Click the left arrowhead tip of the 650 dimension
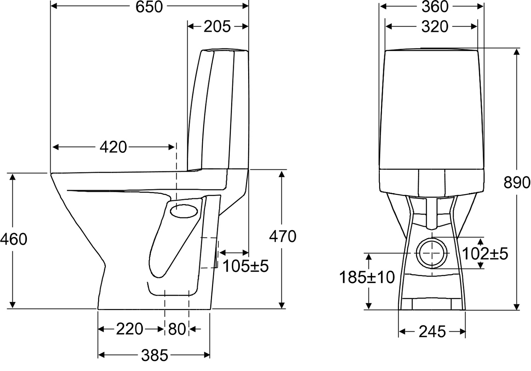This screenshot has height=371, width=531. (x=51, y=6)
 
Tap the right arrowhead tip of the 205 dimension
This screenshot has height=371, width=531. (x=248, y=26)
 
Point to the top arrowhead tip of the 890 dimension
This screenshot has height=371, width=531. (x=517, y=49)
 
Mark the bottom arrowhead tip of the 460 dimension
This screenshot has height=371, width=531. (x=12, y=308)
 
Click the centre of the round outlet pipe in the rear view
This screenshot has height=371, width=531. (x=432, y=253)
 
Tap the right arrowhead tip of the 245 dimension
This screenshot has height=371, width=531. (x=465, y=332)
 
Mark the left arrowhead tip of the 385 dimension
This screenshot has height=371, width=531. (x=98, y=355)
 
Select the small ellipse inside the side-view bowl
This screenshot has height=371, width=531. (x=184, y=212)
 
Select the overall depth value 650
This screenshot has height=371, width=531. (x=149, y=7)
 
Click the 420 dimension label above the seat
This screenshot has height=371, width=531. (x=113, y=147)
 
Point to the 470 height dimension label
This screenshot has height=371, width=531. (x=282, y=236)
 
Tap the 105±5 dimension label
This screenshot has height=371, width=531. (x=246, y=266)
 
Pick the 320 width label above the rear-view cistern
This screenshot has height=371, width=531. (x=435, y=27)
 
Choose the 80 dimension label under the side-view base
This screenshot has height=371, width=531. (x=177, y=329)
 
